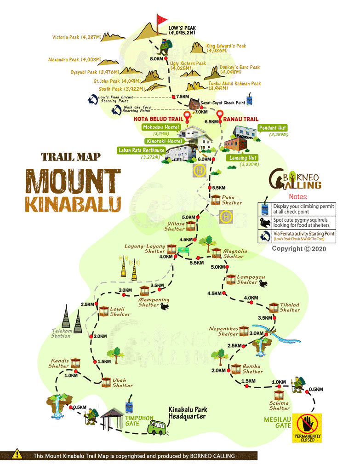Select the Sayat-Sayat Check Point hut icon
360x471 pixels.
[194, 103]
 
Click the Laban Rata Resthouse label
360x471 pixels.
[141, 150]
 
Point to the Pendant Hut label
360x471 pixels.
[272, 127]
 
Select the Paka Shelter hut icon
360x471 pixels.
[216, 199]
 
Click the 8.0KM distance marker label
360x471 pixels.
[156, 59]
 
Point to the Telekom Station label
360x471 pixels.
[61, 333]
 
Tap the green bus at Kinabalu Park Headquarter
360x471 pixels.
[157, 427]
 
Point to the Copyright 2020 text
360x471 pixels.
[299, 248]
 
